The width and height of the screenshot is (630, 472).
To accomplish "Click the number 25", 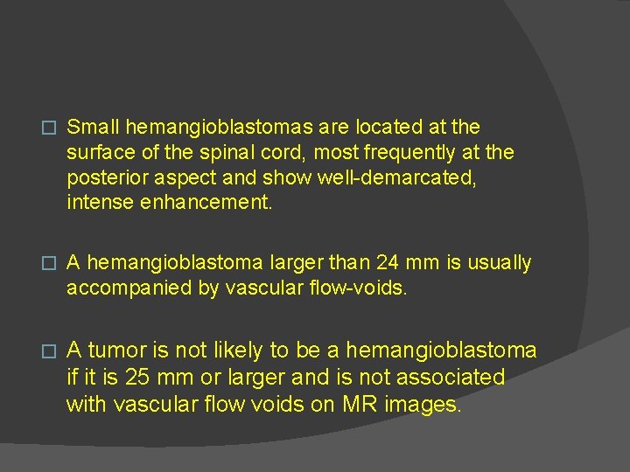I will (x=138, y=378).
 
